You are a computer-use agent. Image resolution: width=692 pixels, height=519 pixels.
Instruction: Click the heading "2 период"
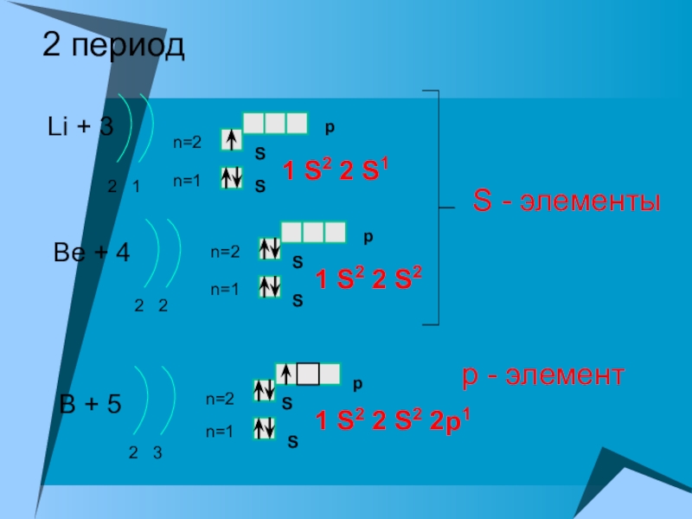coord(113,47)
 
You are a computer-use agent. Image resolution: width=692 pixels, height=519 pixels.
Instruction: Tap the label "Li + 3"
coord(80,127)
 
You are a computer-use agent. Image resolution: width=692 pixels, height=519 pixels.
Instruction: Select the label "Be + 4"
coord(92,253)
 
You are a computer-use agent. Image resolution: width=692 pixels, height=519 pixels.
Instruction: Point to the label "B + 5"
coord(89,404)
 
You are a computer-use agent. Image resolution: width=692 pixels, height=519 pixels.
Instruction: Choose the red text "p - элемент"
coord(542,376)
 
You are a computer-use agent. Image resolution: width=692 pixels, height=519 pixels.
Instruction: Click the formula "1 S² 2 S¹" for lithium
coord(335,170)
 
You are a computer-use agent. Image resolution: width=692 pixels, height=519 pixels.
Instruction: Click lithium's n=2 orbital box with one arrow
coord(231,140)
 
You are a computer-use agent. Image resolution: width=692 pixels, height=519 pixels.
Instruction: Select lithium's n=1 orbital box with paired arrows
coord(231,178)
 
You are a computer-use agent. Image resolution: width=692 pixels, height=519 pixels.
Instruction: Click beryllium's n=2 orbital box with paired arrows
coord(269,249)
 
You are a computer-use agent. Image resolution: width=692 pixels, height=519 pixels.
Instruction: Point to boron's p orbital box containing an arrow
coord(286,374)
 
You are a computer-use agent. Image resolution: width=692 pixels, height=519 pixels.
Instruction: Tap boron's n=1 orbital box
coord(264,429)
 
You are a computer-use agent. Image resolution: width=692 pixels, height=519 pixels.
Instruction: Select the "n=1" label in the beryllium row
coord(224,291)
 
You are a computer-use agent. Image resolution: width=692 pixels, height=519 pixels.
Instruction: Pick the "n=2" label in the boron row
coord(220,400)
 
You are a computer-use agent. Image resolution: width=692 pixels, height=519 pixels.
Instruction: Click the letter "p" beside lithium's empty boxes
coord(330,127)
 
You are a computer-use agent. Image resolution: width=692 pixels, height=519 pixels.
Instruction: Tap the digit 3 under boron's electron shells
coord(157,453)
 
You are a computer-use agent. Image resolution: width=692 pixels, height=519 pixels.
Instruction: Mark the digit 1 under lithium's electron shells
coord(137,187)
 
